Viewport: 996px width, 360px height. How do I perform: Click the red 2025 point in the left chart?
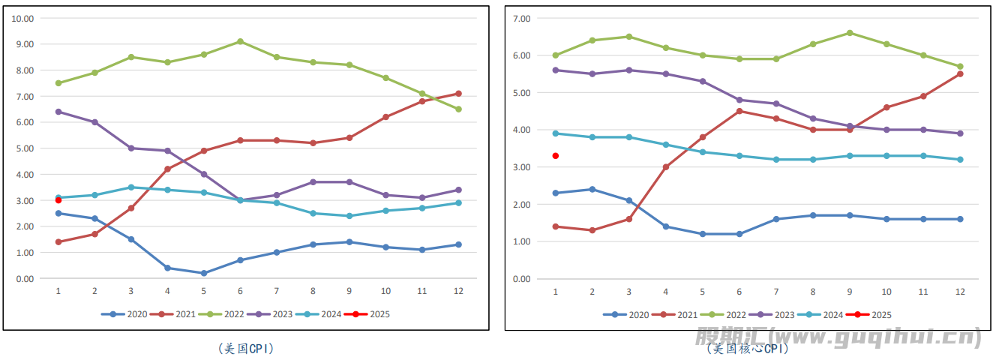point(58,200)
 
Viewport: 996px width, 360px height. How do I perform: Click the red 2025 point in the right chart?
point(556,156)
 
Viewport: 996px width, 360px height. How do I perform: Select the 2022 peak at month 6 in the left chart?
point(240,41)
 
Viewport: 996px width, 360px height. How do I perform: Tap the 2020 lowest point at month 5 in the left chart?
point(203,273)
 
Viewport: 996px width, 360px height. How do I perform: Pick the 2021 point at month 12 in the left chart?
point(458,94)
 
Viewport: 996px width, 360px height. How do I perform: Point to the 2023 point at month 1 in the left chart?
point(58,112)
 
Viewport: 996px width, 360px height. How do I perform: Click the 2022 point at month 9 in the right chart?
point(850,33)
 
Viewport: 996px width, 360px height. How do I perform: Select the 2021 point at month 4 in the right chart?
point(666,167)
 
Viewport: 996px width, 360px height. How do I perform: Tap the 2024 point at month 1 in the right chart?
point(556,133)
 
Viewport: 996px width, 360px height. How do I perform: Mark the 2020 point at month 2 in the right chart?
point(592,189)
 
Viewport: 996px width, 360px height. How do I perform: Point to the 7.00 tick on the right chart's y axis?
point(520,18)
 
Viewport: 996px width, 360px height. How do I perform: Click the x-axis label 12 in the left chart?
point(458,291)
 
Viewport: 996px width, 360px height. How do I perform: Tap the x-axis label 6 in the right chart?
point(739,291)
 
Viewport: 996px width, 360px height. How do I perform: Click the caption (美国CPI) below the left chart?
point(244,349)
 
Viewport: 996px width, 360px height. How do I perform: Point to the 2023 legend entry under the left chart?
point(277,314)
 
